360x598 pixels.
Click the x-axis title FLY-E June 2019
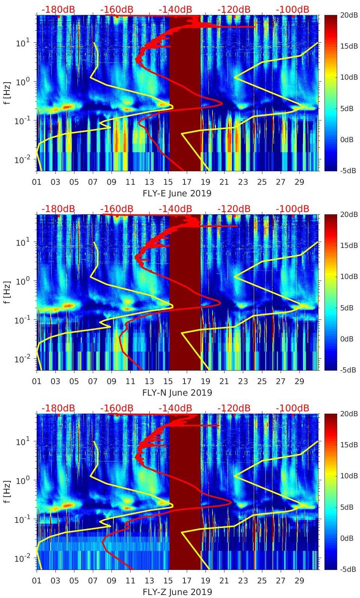[177, 194]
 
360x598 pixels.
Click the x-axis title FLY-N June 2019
[177, 393]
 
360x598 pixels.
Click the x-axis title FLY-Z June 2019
[177, 592]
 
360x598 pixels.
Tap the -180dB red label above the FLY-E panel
[58, 9]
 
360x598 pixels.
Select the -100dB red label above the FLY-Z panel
[293, 408]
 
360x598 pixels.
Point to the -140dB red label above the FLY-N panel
[176, 209]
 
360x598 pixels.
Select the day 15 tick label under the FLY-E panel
[168, 182]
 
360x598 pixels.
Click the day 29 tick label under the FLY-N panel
[299, 381]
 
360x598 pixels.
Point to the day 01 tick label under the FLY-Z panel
[37, 581]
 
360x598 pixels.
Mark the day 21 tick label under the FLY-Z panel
[224, 581]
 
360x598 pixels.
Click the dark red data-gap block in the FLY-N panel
[185, 292]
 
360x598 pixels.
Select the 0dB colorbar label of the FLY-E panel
[348, 140]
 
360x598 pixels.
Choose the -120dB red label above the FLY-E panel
[234, 9]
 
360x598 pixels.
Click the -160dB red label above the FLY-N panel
[117, 209]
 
